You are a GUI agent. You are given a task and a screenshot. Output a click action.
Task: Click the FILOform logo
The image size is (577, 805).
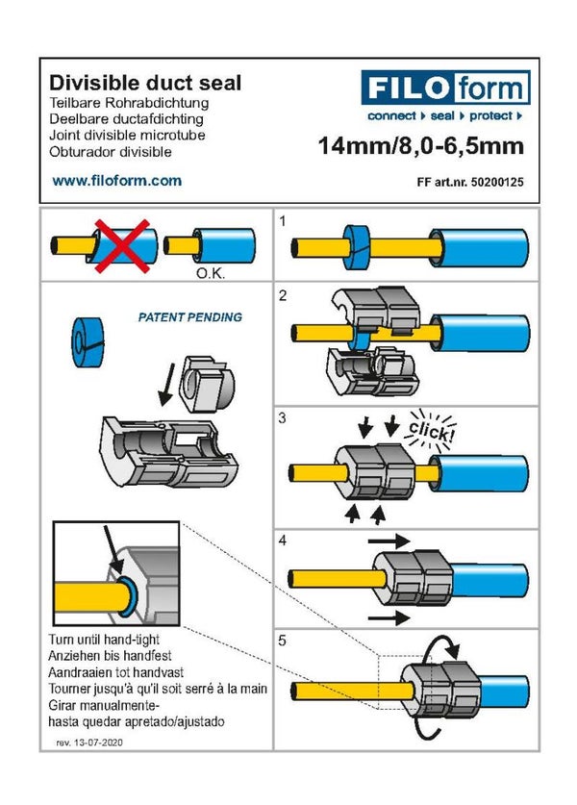[445, 88]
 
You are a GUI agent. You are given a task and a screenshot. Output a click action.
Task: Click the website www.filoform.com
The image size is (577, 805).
[116, 180]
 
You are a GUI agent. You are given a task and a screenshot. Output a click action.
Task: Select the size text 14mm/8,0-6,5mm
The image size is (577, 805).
[420, 146]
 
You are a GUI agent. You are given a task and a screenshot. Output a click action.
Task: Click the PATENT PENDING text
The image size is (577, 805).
[190, 316]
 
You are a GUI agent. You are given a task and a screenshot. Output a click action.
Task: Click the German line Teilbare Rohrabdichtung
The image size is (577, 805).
[128, 102]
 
